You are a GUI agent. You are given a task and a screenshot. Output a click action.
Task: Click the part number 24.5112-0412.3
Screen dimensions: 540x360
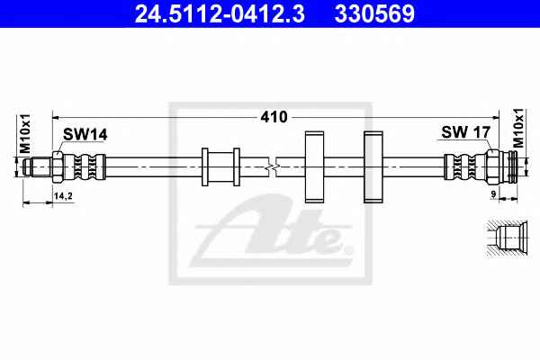[220, 13]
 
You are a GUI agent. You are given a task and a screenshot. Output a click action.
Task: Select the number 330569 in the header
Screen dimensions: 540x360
[374, 13]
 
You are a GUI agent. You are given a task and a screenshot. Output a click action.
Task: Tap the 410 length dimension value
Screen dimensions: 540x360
[274, 117]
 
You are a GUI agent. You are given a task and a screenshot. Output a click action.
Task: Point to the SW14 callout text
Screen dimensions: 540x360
[85, 134]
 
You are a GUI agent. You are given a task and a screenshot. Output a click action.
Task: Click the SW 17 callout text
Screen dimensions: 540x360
[465, 132]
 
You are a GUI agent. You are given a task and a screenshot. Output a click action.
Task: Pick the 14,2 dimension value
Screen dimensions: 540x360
[63, 196]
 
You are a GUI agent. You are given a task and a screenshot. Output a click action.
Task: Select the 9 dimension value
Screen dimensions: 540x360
[493, 194]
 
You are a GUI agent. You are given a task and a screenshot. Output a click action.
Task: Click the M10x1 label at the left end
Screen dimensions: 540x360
[25, 134]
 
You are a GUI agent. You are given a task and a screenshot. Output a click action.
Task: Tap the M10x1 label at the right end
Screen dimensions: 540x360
[517, 128]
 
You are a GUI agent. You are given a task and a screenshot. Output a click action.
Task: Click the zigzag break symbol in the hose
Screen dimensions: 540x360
[272, 167]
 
